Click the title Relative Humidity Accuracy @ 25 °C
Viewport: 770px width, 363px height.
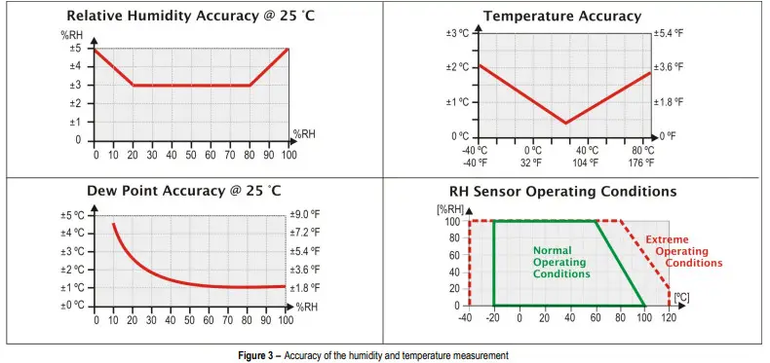[192, 16]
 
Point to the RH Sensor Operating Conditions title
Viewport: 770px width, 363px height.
[562, 192]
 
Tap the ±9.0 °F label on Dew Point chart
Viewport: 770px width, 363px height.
[305, 215]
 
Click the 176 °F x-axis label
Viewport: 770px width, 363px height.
[642, 163]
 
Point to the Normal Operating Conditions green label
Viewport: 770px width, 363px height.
[560, 262]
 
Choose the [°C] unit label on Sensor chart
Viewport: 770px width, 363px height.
[681, 296]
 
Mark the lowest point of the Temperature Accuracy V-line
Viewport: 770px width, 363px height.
[566, 123]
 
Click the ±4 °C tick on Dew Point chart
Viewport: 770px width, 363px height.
[72, 234]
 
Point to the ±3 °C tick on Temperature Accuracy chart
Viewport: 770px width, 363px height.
[458, 33]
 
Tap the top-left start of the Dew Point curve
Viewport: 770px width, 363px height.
[113, 224]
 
